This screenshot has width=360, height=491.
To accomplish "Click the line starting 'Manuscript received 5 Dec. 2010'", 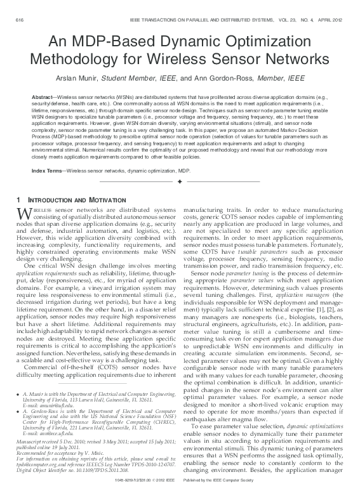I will point(63,440).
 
